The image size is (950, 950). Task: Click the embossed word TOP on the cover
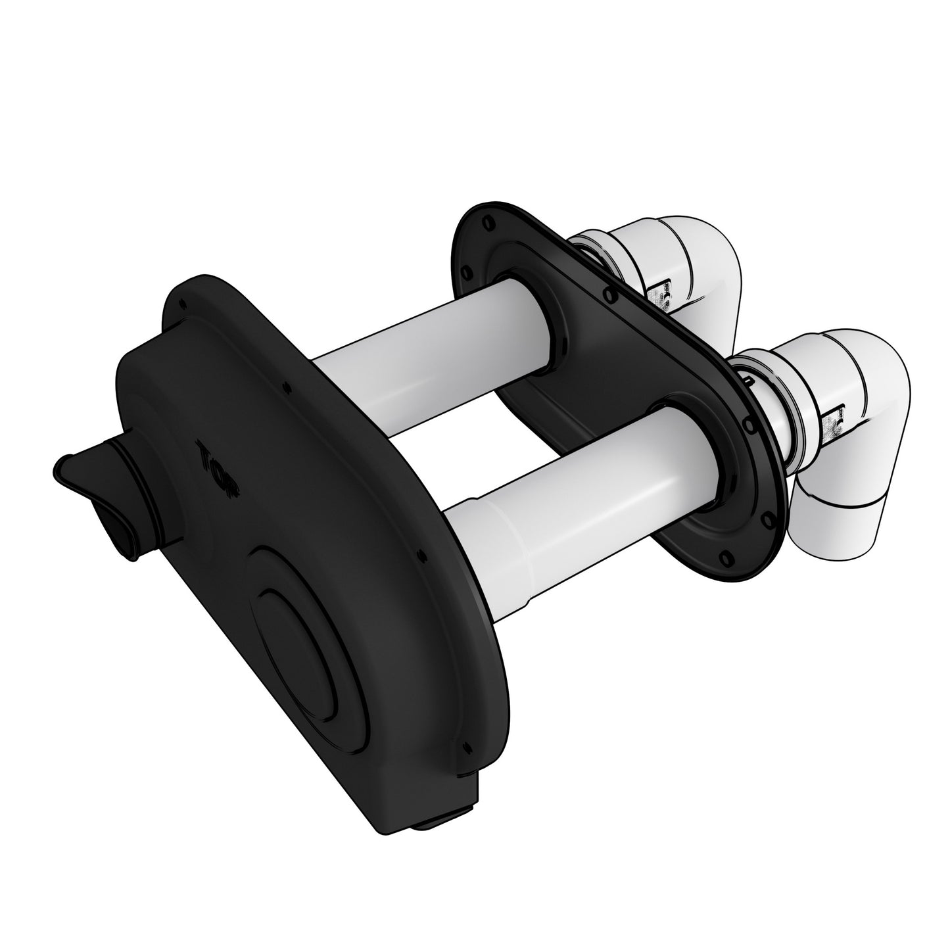click(218, 467)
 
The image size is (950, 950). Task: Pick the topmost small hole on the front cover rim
click(185, 303)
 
